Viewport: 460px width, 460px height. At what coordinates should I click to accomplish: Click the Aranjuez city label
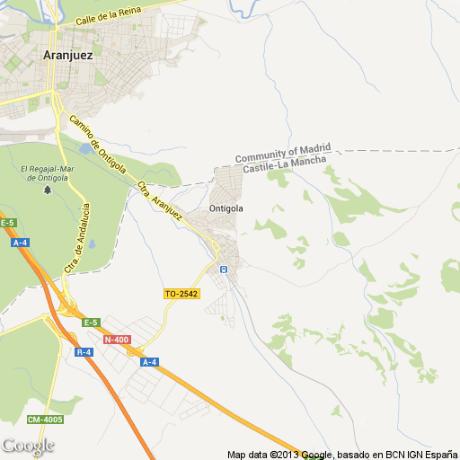tap(68, 54)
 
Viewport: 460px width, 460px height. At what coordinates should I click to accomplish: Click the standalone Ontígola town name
tap(226, 208)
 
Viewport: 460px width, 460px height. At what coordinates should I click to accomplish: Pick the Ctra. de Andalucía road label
tap(77, 239)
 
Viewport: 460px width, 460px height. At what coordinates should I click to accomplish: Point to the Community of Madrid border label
tap(283, 153)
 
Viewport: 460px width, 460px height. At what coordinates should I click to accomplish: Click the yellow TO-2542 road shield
tap(181, 294)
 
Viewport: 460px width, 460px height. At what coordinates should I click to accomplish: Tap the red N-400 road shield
tap(116, 339)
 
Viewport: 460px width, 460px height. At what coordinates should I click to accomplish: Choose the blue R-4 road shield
tap(84, 352)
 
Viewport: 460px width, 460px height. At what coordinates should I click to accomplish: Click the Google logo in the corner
tap(28, 446)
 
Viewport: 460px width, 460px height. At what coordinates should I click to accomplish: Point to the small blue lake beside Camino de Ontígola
tap(85, 147)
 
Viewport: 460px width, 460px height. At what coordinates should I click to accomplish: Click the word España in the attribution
tap(438, 454)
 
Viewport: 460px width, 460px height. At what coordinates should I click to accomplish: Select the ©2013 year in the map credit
tap(285, 454)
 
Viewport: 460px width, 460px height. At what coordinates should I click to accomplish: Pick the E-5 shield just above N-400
tap(91, 322)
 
